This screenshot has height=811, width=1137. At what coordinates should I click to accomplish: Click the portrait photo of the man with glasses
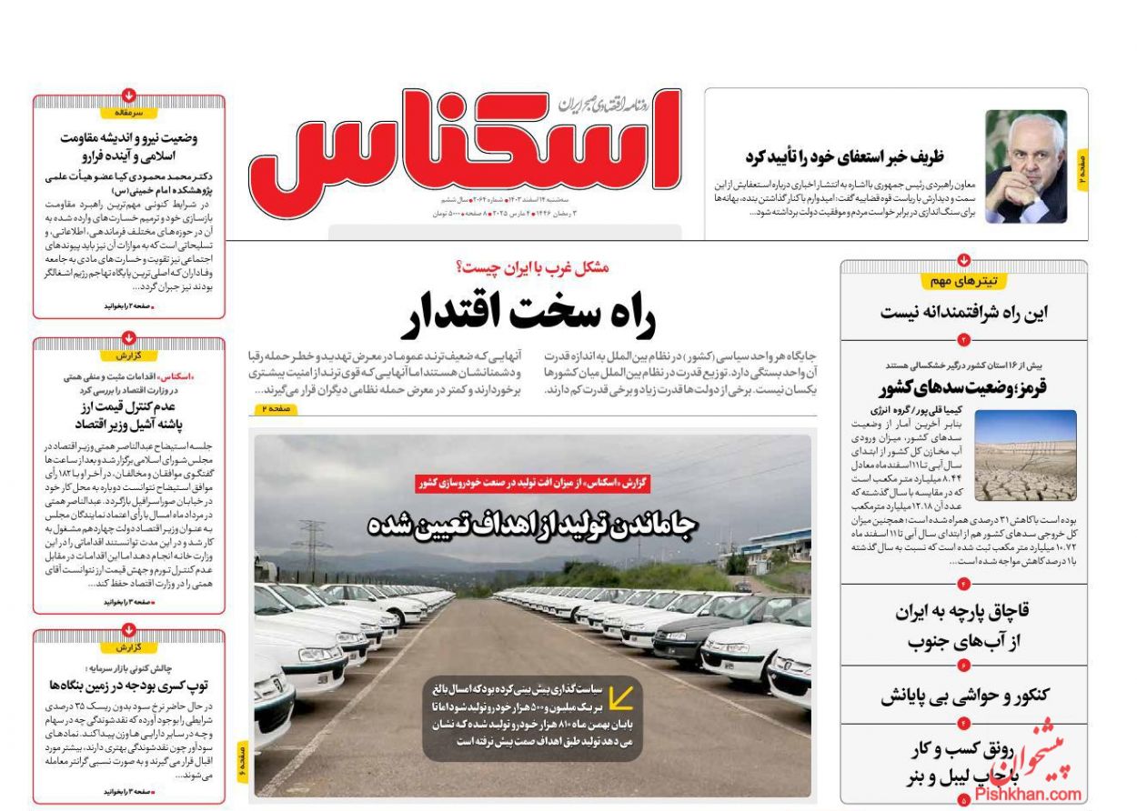point(1025,166)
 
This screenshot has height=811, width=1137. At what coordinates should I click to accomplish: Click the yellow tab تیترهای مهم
point(963,280)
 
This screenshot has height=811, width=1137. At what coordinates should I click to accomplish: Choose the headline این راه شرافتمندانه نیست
point(963,313)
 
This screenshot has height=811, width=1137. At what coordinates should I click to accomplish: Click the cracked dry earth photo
point(1025,456)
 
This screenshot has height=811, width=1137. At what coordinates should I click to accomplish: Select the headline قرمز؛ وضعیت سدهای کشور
point(963,388)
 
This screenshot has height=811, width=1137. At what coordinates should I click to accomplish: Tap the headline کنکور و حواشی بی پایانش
point(964,696)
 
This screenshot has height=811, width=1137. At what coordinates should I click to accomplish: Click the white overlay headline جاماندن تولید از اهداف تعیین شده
point(532,525)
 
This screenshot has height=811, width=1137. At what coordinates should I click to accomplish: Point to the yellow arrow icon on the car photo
point(621,698)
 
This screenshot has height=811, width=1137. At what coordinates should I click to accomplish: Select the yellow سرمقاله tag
point(128,113)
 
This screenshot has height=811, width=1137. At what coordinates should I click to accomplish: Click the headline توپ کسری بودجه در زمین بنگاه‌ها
point(129,685)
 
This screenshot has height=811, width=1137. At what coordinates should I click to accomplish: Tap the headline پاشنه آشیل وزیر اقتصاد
point(129,424)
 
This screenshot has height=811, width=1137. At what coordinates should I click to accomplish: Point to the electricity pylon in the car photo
point(309,546)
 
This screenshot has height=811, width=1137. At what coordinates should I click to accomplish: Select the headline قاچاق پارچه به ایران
point(964,610)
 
